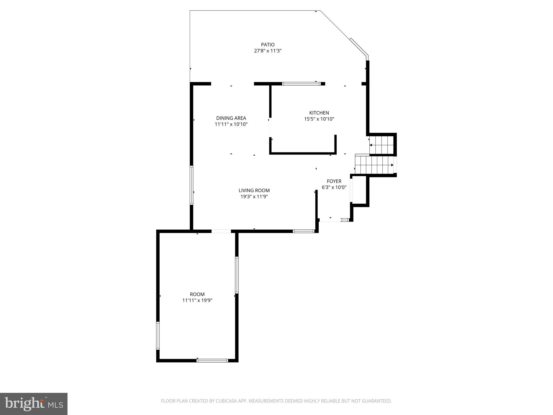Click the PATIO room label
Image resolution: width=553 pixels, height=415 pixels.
tap(268, 45)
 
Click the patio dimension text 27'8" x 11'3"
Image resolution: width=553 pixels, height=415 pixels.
tap(268, 51)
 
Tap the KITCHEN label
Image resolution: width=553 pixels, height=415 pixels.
tap(319, 113)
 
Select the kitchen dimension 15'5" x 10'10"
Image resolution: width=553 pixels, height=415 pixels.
tap(319, 119)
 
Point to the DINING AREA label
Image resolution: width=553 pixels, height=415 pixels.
tap(231, 118)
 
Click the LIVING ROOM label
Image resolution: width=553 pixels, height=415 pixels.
tap(254, 190)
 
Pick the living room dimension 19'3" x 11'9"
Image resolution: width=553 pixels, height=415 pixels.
tap(254, 197)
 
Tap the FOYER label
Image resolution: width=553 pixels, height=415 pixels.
tap(334, 181)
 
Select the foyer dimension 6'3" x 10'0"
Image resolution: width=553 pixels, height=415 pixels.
tap(334, 187)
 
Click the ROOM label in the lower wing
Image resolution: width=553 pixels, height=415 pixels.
tap(197, 294)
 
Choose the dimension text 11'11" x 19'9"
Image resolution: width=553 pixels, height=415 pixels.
tap(197, 300)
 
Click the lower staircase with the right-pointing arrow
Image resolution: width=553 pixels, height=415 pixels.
tap(374, 165)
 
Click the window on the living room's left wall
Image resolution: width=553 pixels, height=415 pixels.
tap(191, 185)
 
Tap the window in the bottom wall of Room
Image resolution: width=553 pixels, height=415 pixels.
tap(212, 360)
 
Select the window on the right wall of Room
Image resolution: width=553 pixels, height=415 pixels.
tap(237, 275)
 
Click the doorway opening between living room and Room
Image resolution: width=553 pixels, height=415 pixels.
tap(221, 231)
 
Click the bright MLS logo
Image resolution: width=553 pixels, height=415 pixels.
tap(33, 404)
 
